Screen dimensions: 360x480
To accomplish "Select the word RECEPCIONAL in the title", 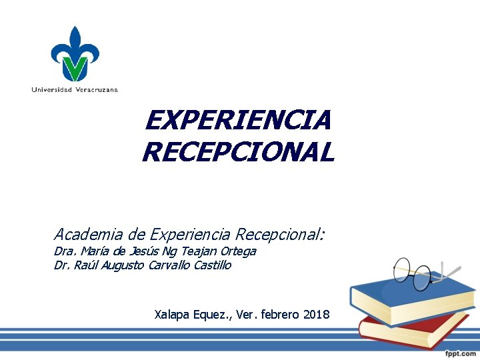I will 238,153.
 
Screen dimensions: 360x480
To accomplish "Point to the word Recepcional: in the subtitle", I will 279,234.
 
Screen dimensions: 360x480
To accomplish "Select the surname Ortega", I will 237,251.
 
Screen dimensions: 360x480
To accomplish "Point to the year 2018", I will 316,314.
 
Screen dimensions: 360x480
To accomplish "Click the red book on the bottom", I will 413,331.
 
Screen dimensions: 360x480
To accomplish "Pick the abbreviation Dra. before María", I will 65,251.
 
